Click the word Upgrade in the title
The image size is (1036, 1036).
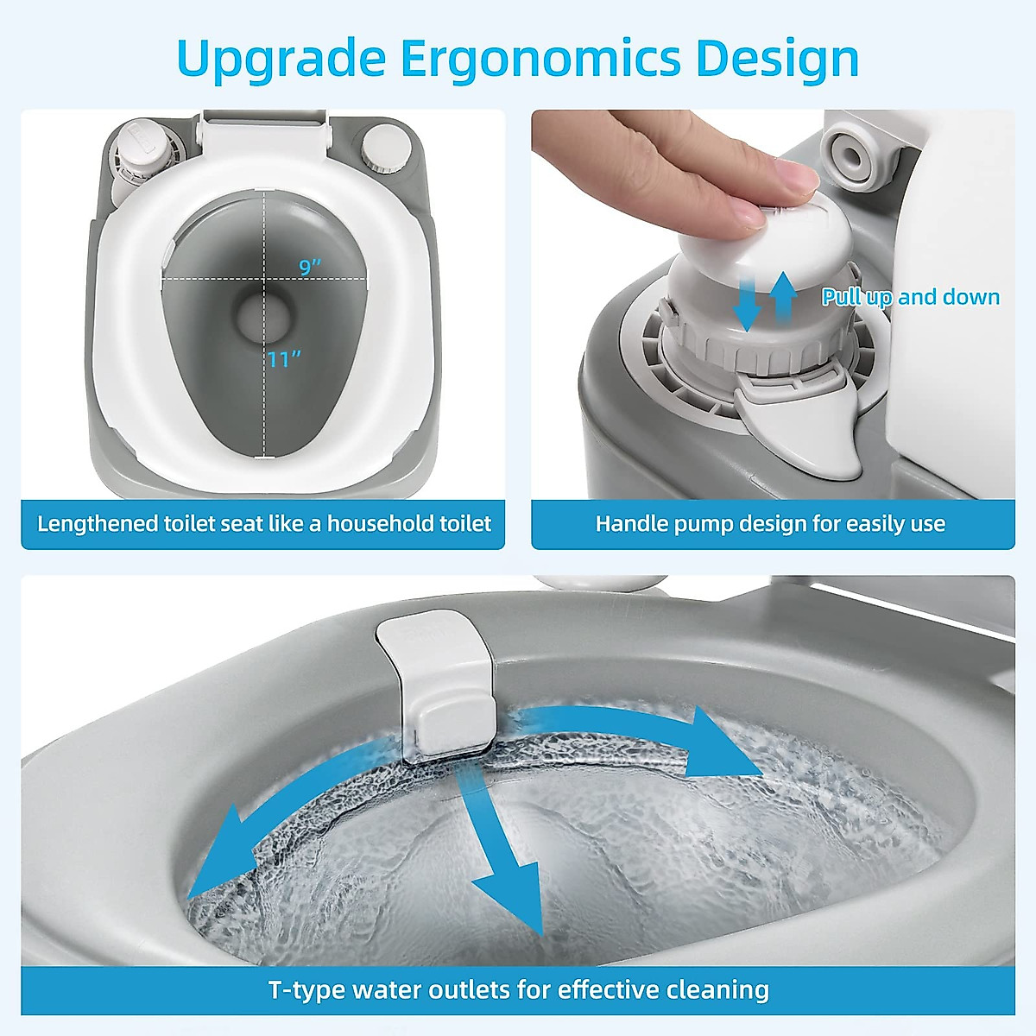[281, 59]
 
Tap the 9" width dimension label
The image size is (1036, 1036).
[310, 267]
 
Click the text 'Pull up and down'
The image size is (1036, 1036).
[910, 297]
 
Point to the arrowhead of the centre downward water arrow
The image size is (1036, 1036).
[513, 898]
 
